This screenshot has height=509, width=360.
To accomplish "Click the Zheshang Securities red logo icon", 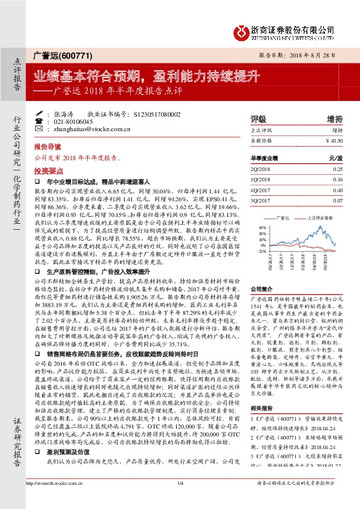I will pyautogui.click(x=240, y=30).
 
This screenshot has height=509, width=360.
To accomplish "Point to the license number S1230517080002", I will pyautogui.click(x=156, y=114).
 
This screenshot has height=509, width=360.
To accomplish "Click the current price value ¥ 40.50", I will pyautogui.click(x=334, y=140).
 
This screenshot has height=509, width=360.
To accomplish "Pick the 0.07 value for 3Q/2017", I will pyautogui.click(x=338, y=199).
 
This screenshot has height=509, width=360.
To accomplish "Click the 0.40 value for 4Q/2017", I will pyautogui.click(x=338, y=189).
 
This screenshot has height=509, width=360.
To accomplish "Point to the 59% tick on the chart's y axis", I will pyautogui.click(x=262, y=229).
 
